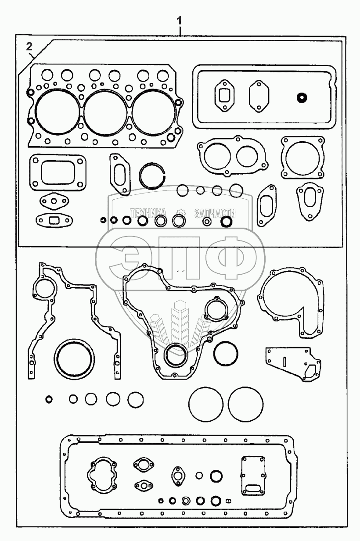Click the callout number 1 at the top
point(179,20)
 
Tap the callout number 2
point(29,46)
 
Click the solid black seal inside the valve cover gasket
point(301,97)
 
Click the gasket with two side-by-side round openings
point(232,155)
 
